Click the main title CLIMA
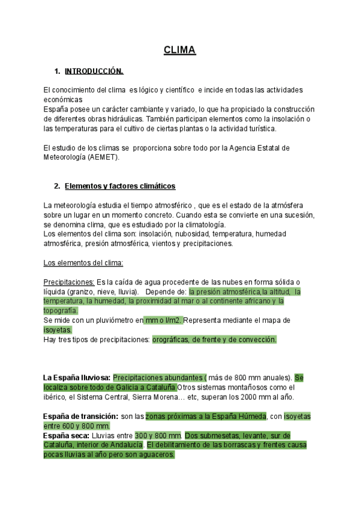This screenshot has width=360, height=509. [180, 50]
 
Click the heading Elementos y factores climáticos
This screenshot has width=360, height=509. [119, 185]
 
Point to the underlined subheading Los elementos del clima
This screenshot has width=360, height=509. [83, 263]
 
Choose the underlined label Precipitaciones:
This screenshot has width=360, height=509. [69, 282]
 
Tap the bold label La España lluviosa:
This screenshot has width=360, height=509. [76, 378]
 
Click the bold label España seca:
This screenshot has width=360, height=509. [65, 435]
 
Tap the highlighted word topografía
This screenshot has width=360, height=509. [61, 310]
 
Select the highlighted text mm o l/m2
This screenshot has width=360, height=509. [163, 321]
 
